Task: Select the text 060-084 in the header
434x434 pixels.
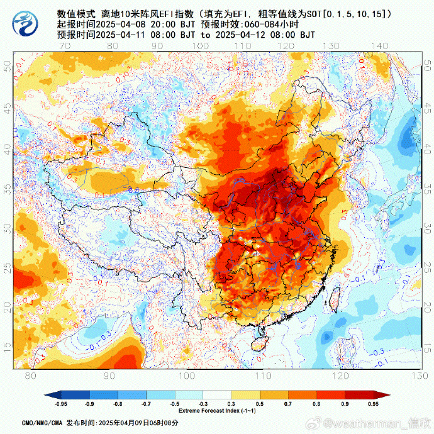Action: point(270,24)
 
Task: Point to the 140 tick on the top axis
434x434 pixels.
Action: point(379,46)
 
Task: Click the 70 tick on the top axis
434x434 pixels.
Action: point(64,46)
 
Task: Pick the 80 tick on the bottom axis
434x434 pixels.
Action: point(30,376)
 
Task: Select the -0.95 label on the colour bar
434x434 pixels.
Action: point(61,404)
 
